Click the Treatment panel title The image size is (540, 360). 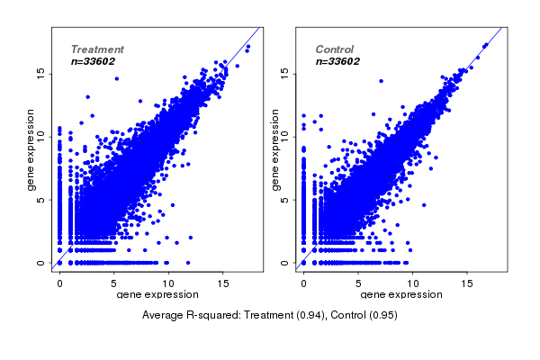coord(97,49)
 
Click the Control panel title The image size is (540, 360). coord(335,49)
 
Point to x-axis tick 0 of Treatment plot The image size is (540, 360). coord(59,282)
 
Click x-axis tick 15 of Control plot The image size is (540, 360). coord(466,282)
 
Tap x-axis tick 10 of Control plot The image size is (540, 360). coord(412,282)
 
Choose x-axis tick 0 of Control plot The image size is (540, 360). coord(304,282)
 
